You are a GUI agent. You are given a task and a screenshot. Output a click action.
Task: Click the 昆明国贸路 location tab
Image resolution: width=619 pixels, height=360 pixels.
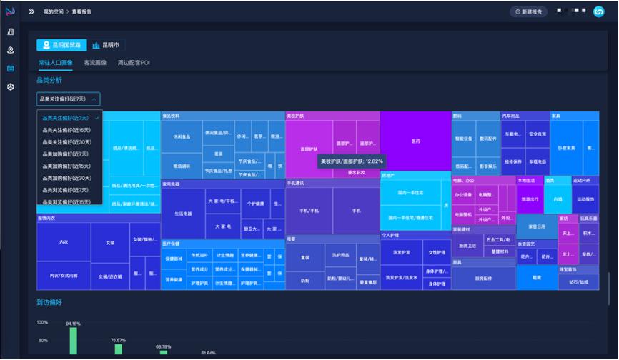click(x=61, y=45)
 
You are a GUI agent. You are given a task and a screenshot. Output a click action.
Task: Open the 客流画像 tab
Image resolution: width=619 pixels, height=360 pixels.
click(x=95, y=63)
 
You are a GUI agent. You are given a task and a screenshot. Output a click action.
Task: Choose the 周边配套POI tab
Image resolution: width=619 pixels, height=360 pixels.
click(x=134, y=63)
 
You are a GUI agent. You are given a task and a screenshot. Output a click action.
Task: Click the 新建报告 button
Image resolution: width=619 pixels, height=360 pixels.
click(x=530, y=11)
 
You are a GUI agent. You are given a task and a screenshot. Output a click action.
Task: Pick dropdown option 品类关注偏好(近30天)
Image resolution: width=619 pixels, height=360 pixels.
click(x=66, y=142)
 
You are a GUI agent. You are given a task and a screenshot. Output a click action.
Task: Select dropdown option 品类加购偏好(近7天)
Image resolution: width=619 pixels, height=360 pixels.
click(x=66, y=154)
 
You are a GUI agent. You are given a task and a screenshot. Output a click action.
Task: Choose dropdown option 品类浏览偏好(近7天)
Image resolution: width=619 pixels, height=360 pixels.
click(x=66, y=190)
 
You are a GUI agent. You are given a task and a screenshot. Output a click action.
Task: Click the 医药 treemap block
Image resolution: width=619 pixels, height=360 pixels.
click(x=415, y=141)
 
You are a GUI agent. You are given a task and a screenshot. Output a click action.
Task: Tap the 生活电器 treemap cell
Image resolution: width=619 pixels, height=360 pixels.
click(x=182, y=213)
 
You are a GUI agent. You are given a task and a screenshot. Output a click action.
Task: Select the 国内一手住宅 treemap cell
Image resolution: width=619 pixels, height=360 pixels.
click(x=405, y=192)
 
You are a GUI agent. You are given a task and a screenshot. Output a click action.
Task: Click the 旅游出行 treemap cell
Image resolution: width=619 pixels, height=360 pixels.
click(x=530, y=199)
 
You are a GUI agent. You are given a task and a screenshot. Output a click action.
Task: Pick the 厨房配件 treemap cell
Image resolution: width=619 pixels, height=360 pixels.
click(x=483, y=278)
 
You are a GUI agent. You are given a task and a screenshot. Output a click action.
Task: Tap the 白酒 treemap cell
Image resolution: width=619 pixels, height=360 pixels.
click(x=558, y=199)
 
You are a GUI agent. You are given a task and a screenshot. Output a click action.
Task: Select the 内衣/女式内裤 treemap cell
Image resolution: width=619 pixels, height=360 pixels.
click(x=64, y=276)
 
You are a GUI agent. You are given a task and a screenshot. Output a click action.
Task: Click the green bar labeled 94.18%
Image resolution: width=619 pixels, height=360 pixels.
click(x=73, y=341)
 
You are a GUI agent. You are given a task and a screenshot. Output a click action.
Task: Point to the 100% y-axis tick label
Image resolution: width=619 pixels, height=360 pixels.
click(x=43, y=322)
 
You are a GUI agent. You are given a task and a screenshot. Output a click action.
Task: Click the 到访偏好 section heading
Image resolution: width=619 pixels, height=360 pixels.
click(x=49, y=302)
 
